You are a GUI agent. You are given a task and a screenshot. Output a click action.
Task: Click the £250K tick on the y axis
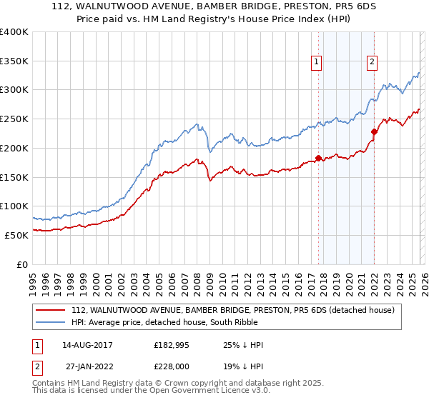tap(14, 119)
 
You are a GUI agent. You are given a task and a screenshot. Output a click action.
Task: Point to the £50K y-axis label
tap(16, 235)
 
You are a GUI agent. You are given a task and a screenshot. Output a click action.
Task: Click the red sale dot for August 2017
tap(318, 158)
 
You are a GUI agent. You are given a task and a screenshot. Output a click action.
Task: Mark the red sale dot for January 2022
tap(374, 131)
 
